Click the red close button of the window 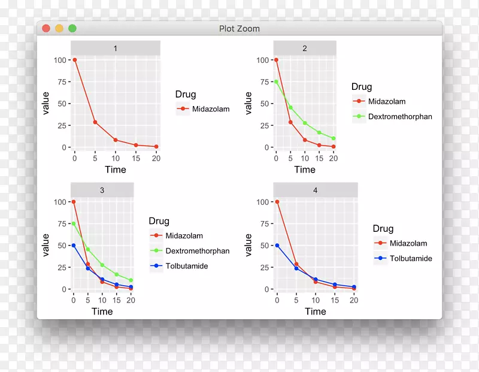coord(46,28)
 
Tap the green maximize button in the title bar coord(72,28)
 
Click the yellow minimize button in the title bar coord(59,28)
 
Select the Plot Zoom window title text coord(239,28)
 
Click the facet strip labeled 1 coord(115,48)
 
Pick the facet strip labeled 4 coord(316,190)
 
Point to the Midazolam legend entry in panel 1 coord(206,109)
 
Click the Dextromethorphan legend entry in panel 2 coord(399,116)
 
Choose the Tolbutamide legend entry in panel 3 coord(186,265)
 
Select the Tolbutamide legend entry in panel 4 coord(410,258)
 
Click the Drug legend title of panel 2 coord(362,87)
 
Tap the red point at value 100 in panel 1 coord(74,60)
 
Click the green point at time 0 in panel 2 coord(276,82)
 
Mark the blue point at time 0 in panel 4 coord(277,246)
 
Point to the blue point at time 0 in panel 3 coord(74,246)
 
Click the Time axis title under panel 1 coord(115,170)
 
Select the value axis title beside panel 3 coord(46,245)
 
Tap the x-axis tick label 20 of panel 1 coord(156,158)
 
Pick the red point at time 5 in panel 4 coord(296,264)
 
